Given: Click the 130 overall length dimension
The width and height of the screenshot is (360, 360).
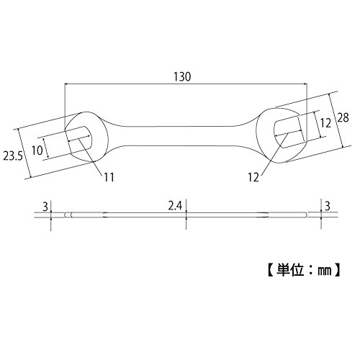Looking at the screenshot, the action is tap(182, 77).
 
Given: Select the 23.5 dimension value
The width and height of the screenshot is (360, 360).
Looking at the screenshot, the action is tap(13, 156).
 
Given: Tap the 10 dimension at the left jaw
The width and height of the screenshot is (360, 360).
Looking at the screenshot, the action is tap(37, 150).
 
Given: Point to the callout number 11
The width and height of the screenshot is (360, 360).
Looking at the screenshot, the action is tap(109, 177).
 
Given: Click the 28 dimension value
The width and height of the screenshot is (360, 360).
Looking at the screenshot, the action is tap(343, 117).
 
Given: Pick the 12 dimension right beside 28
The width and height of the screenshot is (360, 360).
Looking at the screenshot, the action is tap(325, 123).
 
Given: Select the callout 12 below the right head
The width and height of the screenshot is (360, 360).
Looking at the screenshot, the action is tap(253, 178).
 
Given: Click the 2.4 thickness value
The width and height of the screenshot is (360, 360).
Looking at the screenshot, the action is tap(175, 206).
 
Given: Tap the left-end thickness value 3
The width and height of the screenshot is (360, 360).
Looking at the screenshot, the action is tap(45, 207).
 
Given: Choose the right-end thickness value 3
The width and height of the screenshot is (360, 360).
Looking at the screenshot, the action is tap(328, 206).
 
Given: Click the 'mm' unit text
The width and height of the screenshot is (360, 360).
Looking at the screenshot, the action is tap(325, 271).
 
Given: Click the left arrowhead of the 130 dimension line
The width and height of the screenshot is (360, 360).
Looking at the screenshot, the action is tap(66, 84).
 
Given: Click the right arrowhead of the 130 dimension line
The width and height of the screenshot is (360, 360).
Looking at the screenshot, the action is tap(305, 84).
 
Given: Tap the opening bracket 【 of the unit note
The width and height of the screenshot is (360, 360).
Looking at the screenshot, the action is tap(271, 270).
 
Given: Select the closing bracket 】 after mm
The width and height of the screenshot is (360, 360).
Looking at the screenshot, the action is tap(337, 270).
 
